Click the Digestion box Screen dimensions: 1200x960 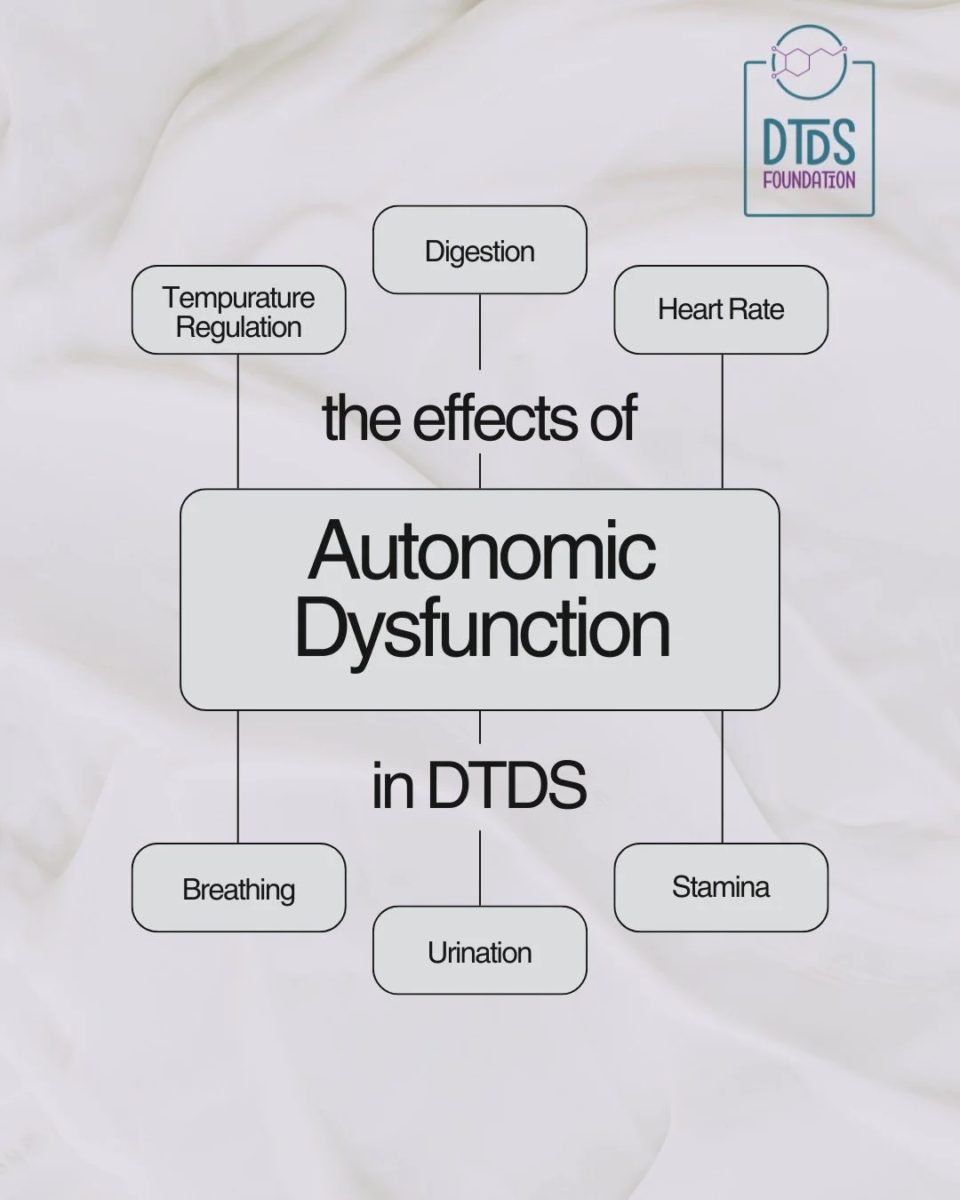pyautogui.click(x=479, y=251)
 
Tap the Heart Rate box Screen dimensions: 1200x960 pyautogui.click(x=721, y=309)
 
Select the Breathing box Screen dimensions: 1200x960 pyautogui.click(x=238, y=888)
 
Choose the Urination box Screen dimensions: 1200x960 pyautogui.click(x=479, y=951)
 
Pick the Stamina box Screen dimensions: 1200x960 pyautogui.click(x=721, y=886)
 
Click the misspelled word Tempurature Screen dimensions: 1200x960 pyautogui.click(x=238, y=297)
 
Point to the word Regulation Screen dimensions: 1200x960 pyautogui.click(x=238, y=327)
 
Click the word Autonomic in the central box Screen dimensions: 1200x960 pyautogui.click(x=482, y=551)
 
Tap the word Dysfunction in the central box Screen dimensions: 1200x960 pyautogui.click(x=482, y=628)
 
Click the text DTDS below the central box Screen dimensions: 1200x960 pyautogui.click(x=507, y=785)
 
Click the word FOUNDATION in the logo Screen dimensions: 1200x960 pyautogui.click(x=809, y=180)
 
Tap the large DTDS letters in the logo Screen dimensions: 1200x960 pyautogui.click(x=809, y=142)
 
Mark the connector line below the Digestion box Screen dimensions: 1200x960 pyautogui.click(x=480, y=331)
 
